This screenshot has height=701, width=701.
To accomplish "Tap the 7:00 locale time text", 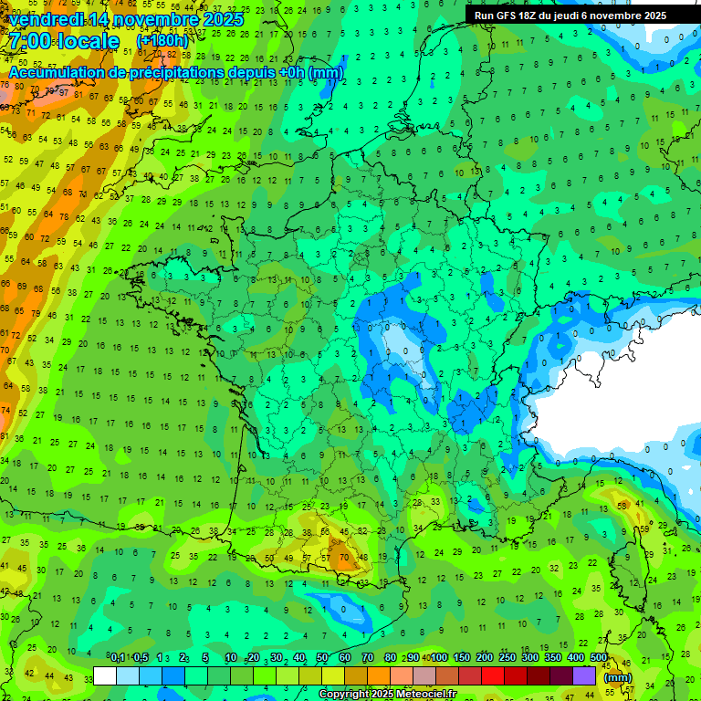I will (64, 41).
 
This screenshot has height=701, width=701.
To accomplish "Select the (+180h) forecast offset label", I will (162, 41).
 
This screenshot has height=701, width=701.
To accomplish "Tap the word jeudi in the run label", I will (564, 16).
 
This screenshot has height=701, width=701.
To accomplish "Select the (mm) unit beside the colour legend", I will (618, 677).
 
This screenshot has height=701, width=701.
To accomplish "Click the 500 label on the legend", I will (599, 657).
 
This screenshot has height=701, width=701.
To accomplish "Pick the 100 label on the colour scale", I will (439, 657).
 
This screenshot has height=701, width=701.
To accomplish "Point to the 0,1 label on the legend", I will (117, 657).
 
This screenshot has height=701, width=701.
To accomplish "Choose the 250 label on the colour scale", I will (507, 657).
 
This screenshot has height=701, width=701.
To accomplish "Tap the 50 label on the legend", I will (322, 657).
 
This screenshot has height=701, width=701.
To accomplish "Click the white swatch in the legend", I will (105, 675).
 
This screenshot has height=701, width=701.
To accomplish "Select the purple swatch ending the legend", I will (584, 675).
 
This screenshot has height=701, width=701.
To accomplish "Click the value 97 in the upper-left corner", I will (64, 92).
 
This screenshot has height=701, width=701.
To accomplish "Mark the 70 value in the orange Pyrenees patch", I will (342, 556).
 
